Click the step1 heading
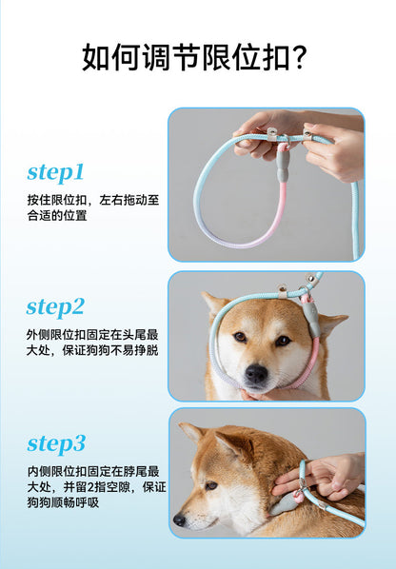tap(55, 173)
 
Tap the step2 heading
tap(55, 307)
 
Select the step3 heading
tap(56, 443)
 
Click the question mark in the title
tap(300, 57)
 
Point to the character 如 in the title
tap(96, 57)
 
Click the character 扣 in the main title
tap(276, 57)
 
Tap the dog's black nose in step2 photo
tap(256, 373)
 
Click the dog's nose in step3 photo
tap(179, 520)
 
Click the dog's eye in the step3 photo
tap(211, 485)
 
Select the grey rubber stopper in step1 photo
tap(283, 166)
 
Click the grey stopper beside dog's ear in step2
tap(312, 320)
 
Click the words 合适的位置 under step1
tap(57, 216)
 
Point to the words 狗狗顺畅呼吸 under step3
tap(63, 502)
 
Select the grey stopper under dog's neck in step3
tap(284, 505)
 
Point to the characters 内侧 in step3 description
tap(39, 471)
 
